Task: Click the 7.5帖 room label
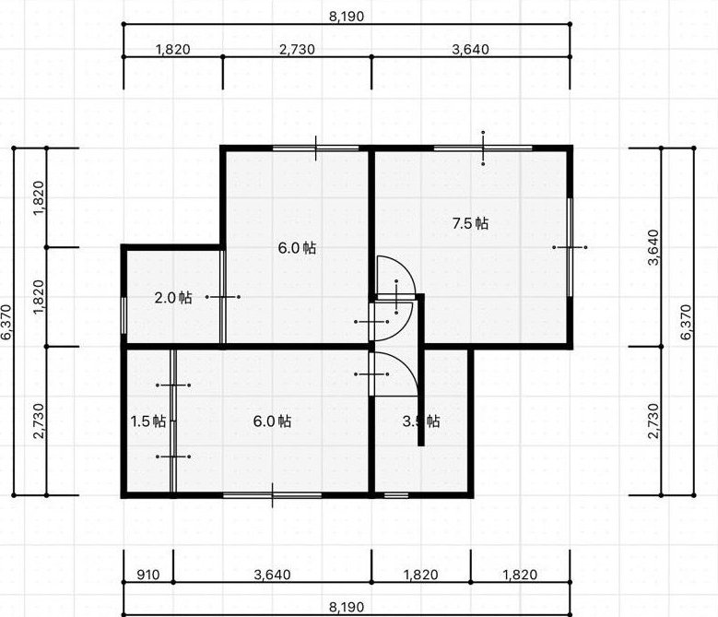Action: (x=470, y=223)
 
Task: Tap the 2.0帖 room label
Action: (x=173, y=298)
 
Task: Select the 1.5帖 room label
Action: (x=147, y=421)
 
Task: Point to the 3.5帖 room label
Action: (x=421, y=421)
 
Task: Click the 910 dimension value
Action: (x=148, y=575)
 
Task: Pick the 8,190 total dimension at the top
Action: (x=347, y=17)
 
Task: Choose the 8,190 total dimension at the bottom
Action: (x=347, y=608)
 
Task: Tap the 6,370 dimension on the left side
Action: (x=6, y=322)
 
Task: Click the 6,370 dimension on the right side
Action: (x=686, y=322)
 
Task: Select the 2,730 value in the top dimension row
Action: (x=297, y=49)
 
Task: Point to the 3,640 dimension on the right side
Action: (x=653, y=247)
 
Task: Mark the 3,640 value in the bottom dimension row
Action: (x=273, y=575)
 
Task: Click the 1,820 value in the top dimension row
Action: (x=173, y=49)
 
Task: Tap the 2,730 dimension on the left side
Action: (x=40, y=421)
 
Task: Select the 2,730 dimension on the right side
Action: (x=653, y=421)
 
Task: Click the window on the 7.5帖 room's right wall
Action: (x=571, y=247)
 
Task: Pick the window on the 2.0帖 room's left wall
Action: (x=124, y=315)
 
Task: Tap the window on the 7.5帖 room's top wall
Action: (x=483, y=148)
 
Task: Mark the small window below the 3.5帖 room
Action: (x=396, y=495)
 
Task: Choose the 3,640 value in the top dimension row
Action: (x=470, y=49)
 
